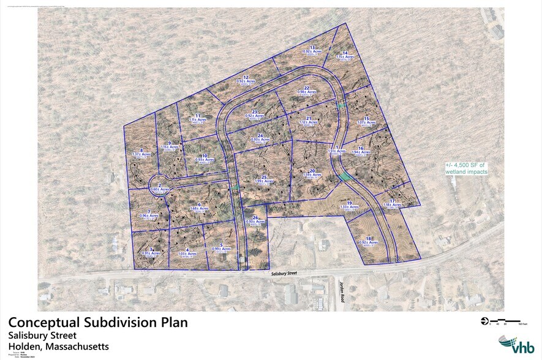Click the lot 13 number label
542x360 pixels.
point(312,47)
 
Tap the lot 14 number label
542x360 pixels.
point(345,53)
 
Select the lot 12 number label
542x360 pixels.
point(246,78)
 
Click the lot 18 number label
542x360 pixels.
point(369,238)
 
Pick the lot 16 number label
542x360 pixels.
point(361,148)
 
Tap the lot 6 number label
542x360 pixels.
point(200,204)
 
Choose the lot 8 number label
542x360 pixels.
point(141,150)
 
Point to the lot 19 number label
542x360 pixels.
point(349,203)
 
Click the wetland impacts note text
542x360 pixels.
point(465,168)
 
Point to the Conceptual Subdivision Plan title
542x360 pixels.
point(97,323)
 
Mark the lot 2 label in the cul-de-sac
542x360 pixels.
point(159,186)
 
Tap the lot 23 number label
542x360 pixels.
point(254,111)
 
